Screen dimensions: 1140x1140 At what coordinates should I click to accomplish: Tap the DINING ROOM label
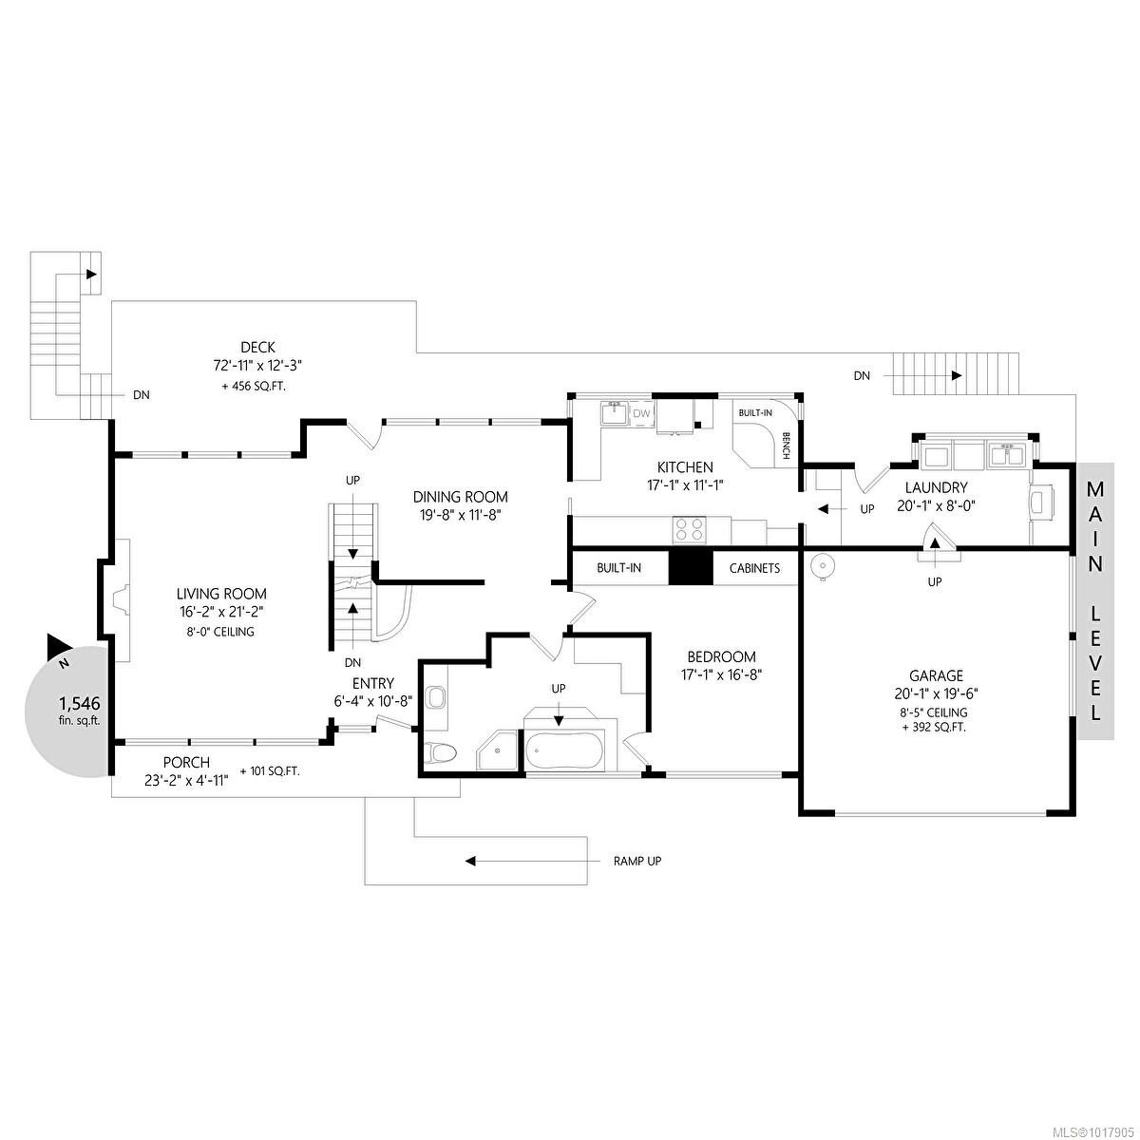pos(460,497)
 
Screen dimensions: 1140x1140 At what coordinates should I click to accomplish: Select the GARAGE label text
pos(936,675)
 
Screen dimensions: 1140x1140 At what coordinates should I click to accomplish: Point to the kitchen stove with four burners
pos(690,529)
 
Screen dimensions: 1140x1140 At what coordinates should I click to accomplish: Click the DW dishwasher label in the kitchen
pos(641,414)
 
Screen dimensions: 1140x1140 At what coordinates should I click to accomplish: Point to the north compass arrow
pos(57,650)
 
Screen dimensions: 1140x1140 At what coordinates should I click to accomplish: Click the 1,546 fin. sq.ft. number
pos(79,704)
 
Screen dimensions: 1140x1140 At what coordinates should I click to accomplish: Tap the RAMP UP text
pos(636,862)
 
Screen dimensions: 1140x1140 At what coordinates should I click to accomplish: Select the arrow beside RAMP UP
pos(513,862)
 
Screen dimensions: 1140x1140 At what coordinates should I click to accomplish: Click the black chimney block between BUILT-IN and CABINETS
pos(690,568)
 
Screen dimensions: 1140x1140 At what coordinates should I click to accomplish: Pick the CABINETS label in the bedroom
pos(754,568)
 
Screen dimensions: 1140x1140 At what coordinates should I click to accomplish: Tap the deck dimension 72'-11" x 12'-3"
pos(257,365)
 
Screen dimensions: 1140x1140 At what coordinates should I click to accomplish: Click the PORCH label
pos(186,762)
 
